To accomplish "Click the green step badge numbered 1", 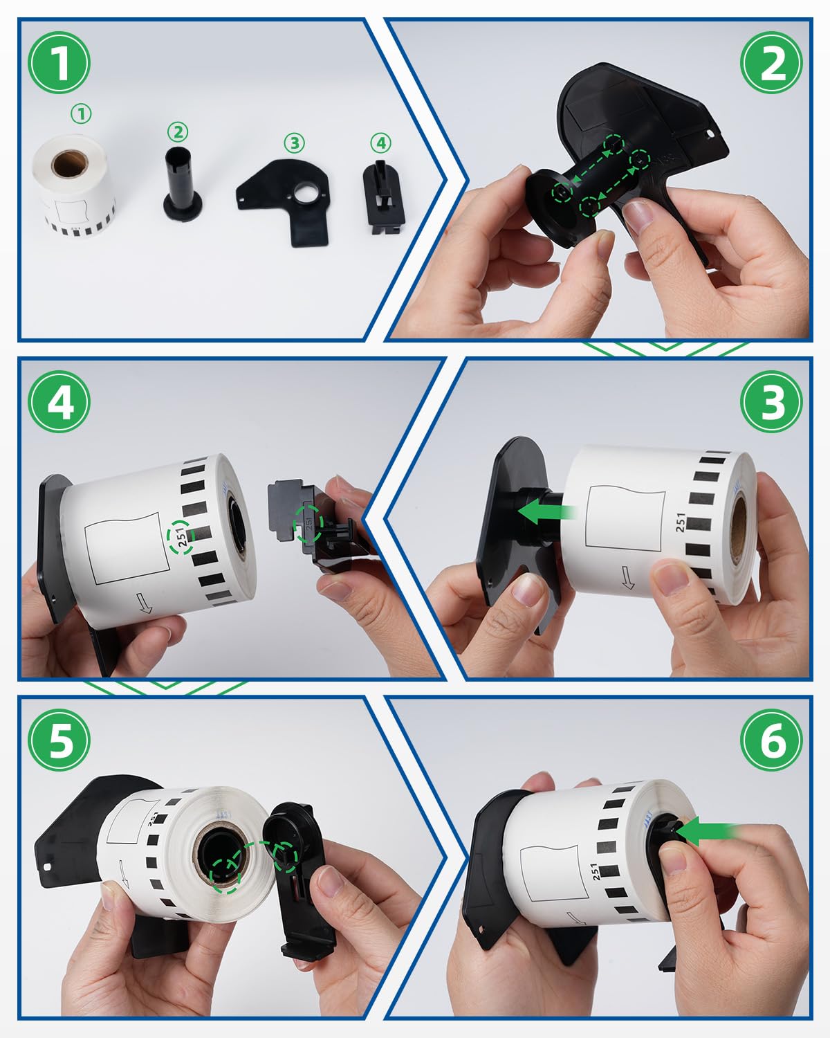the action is tap(59, 63).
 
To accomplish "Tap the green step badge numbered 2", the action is tap(771, 63).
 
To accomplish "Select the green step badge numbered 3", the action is tap(771, 401).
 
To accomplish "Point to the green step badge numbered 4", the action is tap(59, 401).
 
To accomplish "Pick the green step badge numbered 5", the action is tap(59, 740).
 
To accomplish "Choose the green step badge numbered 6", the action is tap(771, 740).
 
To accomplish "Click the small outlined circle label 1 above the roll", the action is tap(81, 113).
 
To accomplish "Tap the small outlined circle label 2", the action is tap(178, 131).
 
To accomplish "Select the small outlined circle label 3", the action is tap(294, 143).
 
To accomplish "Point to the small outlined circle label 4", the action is tap(381, 143).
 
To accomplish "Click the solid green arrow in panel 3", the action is tap(546, 512).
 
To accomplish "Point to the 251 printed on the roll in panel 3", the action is tap(681, 522).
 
